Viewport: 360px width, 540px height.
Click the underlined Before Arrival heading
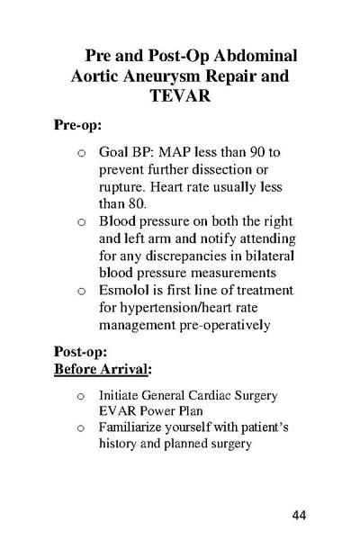pyautogui.click(x=102, y=370)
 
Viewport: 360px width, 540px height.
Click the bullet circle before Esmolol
pyautogui.click(x=82, y=291)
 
